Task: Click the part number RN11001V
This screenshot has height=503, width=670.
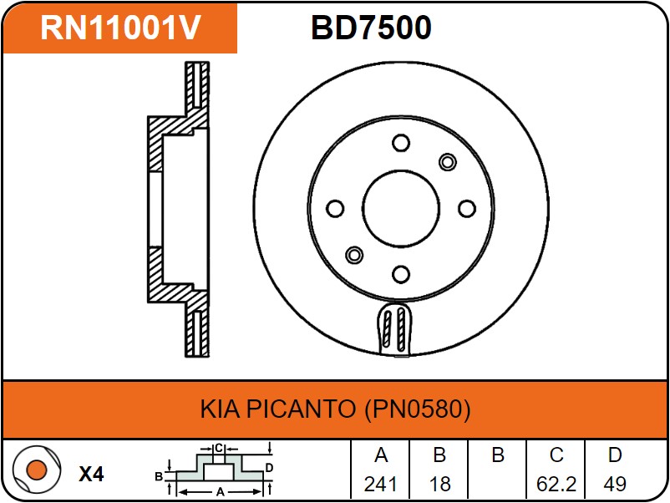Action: [x=120, y=28]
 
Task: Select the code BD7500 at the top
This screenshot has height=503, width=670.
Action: [x=371, y=28]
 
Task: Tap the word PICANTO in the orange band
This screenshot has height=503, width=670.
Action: [x=301, y=409]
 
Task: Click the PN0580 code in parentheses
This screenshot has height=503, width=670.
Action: [x=418, y=409]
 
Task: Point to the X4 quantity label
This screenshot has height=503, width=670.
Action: [x=91, y=475]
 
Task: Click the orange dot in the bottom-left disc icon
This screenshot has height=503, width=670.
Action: [x=36, y=470]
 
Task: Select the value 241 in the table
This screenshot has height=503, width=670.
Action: [x=380, y=484]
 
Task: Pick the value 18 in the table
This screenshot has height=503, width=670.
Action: [x=439, y=484]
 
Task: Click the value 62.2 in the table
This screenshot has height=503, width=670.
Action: [x=556, y=484]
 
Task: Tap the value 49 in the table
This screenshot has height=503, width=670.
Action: [x=615, y=484]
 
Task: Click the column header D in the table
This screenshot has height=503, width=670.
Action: [x=615, y=455]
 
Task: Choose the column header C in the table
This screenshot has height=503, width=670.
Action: [x=556, y=455]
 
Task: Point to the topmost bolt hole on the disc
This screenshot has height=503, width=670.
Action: [x=401, y=143]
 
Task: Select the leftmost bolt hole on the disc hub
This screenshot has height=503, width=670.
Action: [x=335, y=209]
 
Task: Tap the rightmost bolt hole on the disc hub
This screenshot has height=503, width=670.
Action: [x=467, y=209]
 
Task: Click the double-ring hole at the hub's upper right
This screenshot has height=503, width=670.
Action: [x=448, y=162]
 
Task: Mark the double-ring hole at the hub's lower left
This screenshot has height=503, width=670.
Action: [x=354, y=255]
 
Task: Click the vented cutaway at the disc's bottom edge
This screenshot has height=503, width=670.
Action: [x=394, y=329]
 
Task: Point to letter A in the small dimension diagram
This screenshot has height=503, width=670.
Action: [x=220, y=492]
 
